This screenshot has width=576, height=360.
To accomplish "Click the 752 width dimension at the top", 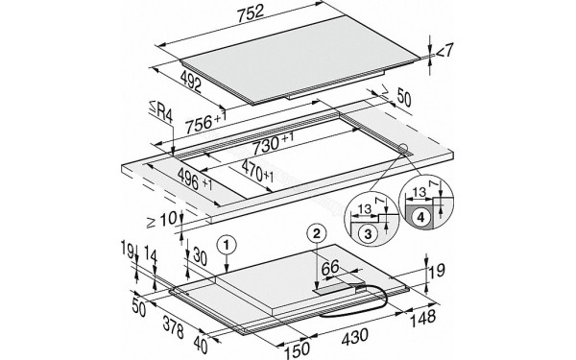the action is [251, 13].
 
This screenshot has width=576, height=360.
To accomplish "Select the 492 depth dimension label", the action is [191, 82].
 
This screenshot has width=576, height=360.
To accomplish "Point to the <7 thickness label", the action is [444, 50].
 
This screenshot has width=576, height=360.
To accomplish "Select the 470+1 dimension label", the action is [257, 171].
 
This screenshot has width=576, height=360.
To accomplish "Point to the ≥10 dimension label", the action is [161, 220].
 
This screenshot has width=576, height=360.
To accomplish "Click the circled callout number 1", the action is [227, 244].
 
